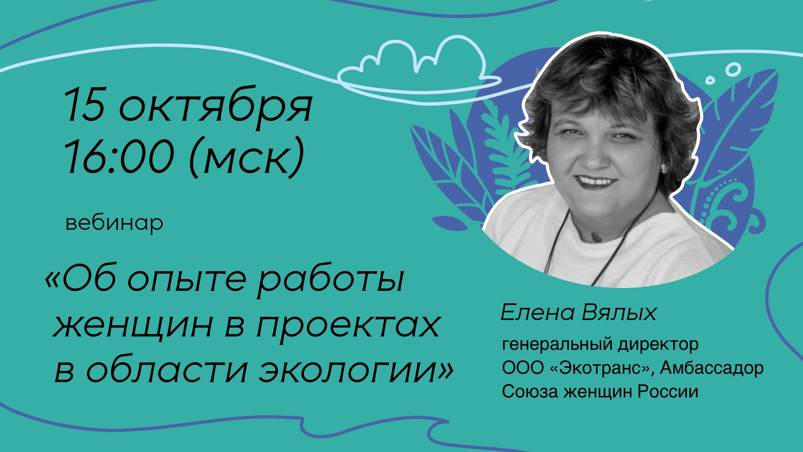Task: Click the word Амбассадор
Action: [x=712, y=368]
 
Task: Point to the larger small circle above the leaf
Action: [x=733, y=69]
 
